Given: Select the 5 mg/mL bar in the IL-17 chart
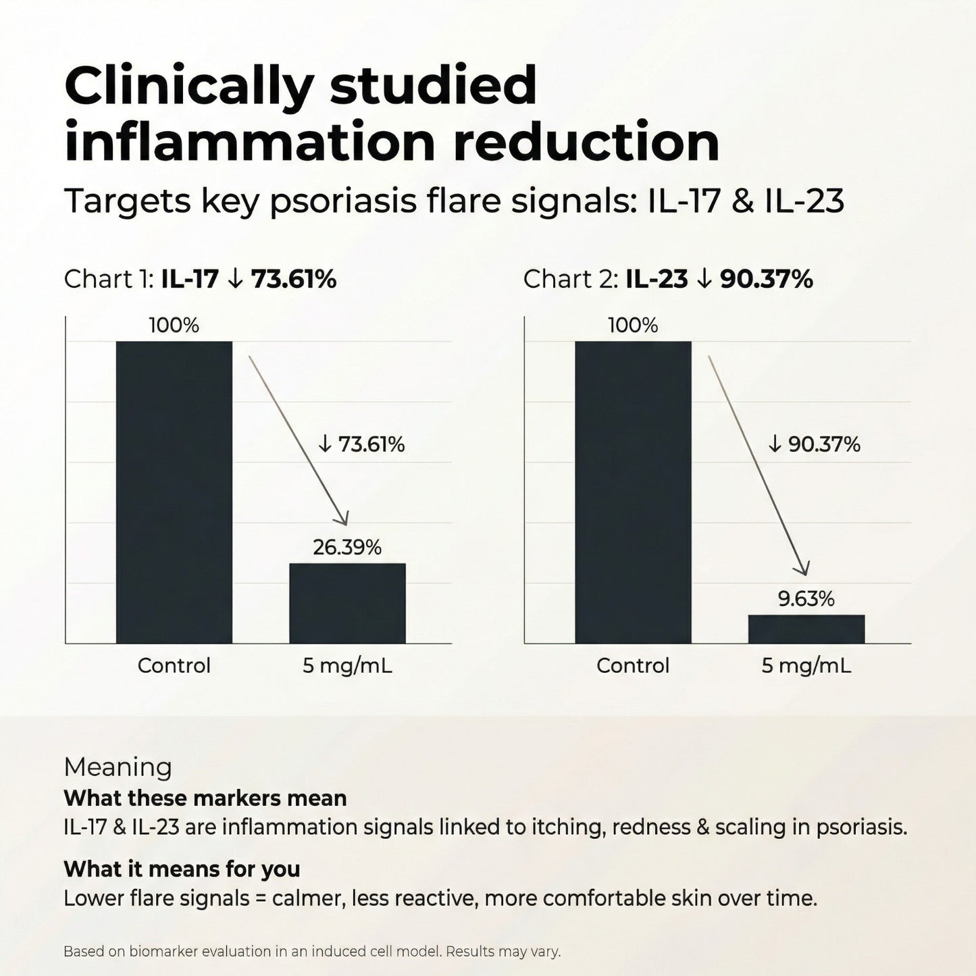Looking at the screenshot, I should point(347,603).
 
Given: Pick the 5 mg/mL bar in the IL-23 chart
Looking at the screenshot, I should point(806,629).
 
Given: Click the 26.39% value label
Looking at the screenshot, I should point(347,547).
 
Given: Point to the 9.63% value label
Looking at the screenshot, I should point(806,599).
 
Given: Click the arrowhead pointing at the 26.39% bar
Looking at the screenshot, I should point(344,519).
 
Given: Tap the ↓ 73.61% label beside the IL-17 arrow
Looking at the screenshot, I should point(361,444).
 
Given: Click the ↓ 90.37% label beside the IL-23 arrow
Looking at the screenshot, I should point(815,444).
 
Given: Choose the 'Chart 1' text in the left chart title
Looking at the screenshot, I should point(108,279).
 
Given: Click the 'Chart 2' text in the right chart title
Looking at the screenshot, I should point(567,279).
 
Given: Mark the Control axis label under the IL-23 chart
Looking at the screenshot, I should point(633,666).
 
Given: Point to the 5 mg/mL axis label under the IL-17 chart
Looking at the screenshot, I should point(347,666).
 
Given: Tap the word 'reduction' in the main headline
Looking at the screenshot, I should point(587,143).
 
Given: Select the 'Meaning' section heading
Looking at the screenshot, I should point(118,767).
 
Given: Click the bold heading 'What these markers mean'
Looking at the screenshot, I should point(205,798).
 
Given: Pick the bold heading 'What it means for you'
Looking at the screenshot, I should point(182,869).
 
